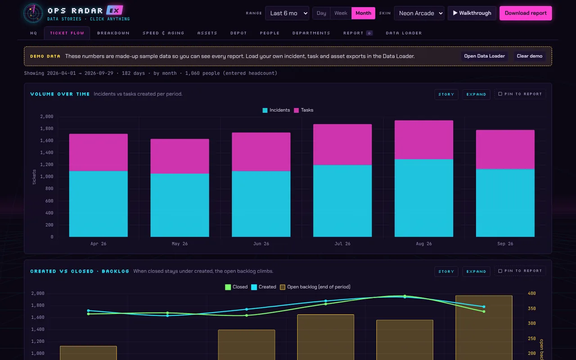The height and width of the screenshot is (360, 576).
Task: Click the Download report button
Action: point(526,13)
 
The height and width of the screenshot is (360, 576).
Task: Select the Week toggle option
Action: point(341,13)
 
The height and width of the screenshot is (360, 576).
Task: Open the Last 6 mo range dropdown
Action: point(287,13)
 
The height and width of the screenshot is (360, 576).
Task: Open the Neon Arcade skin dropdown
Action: point(419,13)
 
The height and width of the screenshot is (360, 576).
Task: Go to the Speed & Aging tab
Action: point(163,33)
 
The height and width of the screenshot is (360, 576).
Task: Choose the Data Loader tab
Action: point(404,33)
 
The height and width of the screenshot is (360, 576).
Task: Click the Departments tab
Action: point(311,33)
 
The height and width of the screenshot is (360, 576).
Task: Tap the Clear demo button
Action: point(530,56)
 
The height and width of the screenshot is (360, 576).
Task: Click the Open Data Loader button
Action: point(484,56)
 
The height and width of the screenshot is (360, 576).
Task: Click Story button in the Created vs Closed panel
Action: point(446,271)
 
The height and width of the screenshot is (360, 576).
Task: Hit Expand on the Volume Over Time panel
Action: point(476,94)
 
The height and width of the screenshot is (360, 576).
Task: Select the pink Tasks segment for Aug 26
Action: point(424,140)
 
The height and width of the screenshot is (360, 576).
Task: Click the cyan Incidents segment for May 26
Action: point(180,205)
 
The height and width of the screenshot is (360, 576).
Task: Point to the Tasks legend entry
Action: point(304,110)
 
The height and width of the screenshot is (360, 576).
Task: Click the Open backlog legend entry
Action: point(315,287)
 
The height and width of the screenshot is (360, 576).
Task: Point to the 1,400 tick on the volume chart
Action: point(46,153)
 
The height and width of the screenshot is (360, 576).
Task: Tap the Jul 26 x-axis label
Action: point(342,243)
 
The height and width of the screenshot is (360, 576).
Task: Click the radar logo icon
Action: point(33,13)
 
